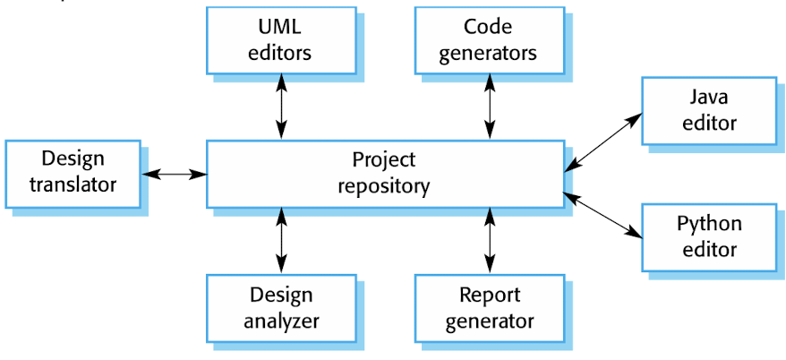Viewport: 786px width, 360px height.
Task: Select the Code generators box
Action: (x=489, y=40)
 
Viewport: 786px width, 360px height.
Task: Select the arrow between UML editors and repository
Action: (x=282, y=107)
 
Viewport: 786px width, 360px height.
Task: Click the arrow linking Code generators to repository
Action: (x=490, y=107)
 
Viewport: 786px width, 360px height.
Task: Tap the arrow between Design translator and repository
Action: (x=174, y=173)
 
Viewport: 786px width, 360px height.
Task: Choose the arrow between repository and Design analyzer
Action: (x=282, y=239)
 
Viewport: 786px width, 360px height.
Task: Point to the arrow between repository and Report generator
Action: (x=490, y=239)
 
